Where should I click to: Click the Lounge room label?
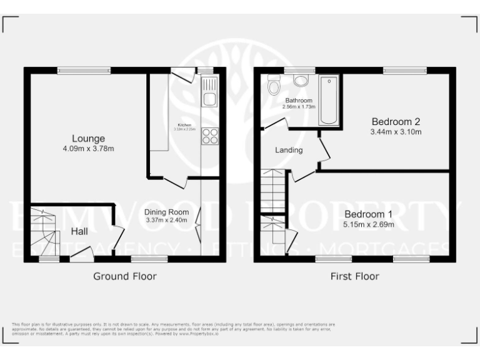(x=88, y=138)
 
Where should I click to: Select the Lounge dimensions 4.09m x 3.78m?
(x=88, y=148)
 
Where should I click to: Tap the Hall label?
(x=79, y=231)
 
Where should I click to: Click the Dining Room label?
(x=166, y=212)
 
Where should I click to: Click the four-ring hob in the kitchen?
(x=208, y=136)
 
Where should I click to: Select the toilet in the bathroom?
(x=274, y=85)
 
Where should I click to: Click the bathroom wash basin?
(x=301, y=80)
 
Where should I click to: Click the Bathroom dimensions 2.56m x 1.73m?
(x=299, y=107)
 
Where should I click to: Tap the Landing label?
(x=289, y=150)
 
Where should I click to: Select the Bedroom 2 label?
(x=396, y=121)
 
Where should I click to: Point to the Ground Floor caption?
(x=125, y=276)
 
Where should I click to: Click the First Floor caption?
(x=354, y=276)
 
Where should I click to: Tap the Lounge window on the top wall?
(x=84, y=71)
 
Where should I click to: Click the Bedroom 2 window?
(x=404, y=71)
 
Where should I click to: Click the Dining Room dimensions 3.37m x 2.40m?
(x=166, y=220)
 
